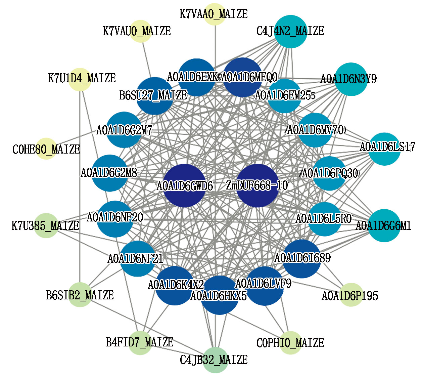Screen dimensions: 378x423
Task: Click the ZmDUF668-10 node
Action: [257, 185]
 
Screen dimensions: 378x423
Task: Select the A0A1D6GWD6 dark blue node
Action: [184, 185]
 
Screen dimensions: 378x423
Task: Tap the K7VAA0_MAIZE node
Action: [215, 14]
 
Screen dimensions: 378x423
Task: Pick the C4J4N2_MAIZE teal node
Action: [291, 31]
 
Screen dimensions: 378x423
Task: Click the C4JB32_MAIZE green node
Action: [215, 360]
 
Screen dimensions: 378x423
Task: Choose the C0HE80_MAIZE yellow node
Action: [46, 149]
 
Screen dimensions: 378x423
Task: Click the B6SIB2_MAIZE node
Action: [80, 295]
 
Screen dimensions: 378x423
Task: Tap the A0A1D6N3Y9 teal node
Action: [351, 79]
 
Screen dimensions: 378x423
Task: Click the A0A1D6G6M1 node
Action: [384, 225]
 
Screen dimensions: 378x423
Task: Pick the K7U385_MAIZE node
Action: [46, 225]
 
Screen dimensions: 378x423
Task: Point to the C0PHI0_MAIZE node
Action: [291, 343]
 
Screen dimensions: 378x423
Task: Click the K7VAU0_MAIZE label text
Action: [137, 31]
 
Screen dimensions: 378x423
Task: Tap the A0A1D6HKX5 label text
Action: [219, 296]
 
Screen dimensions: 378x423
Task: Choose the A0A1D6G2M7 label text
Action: [124, 130]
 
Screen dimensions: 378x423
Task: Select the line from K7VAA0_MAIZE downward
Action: [215, 44]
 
